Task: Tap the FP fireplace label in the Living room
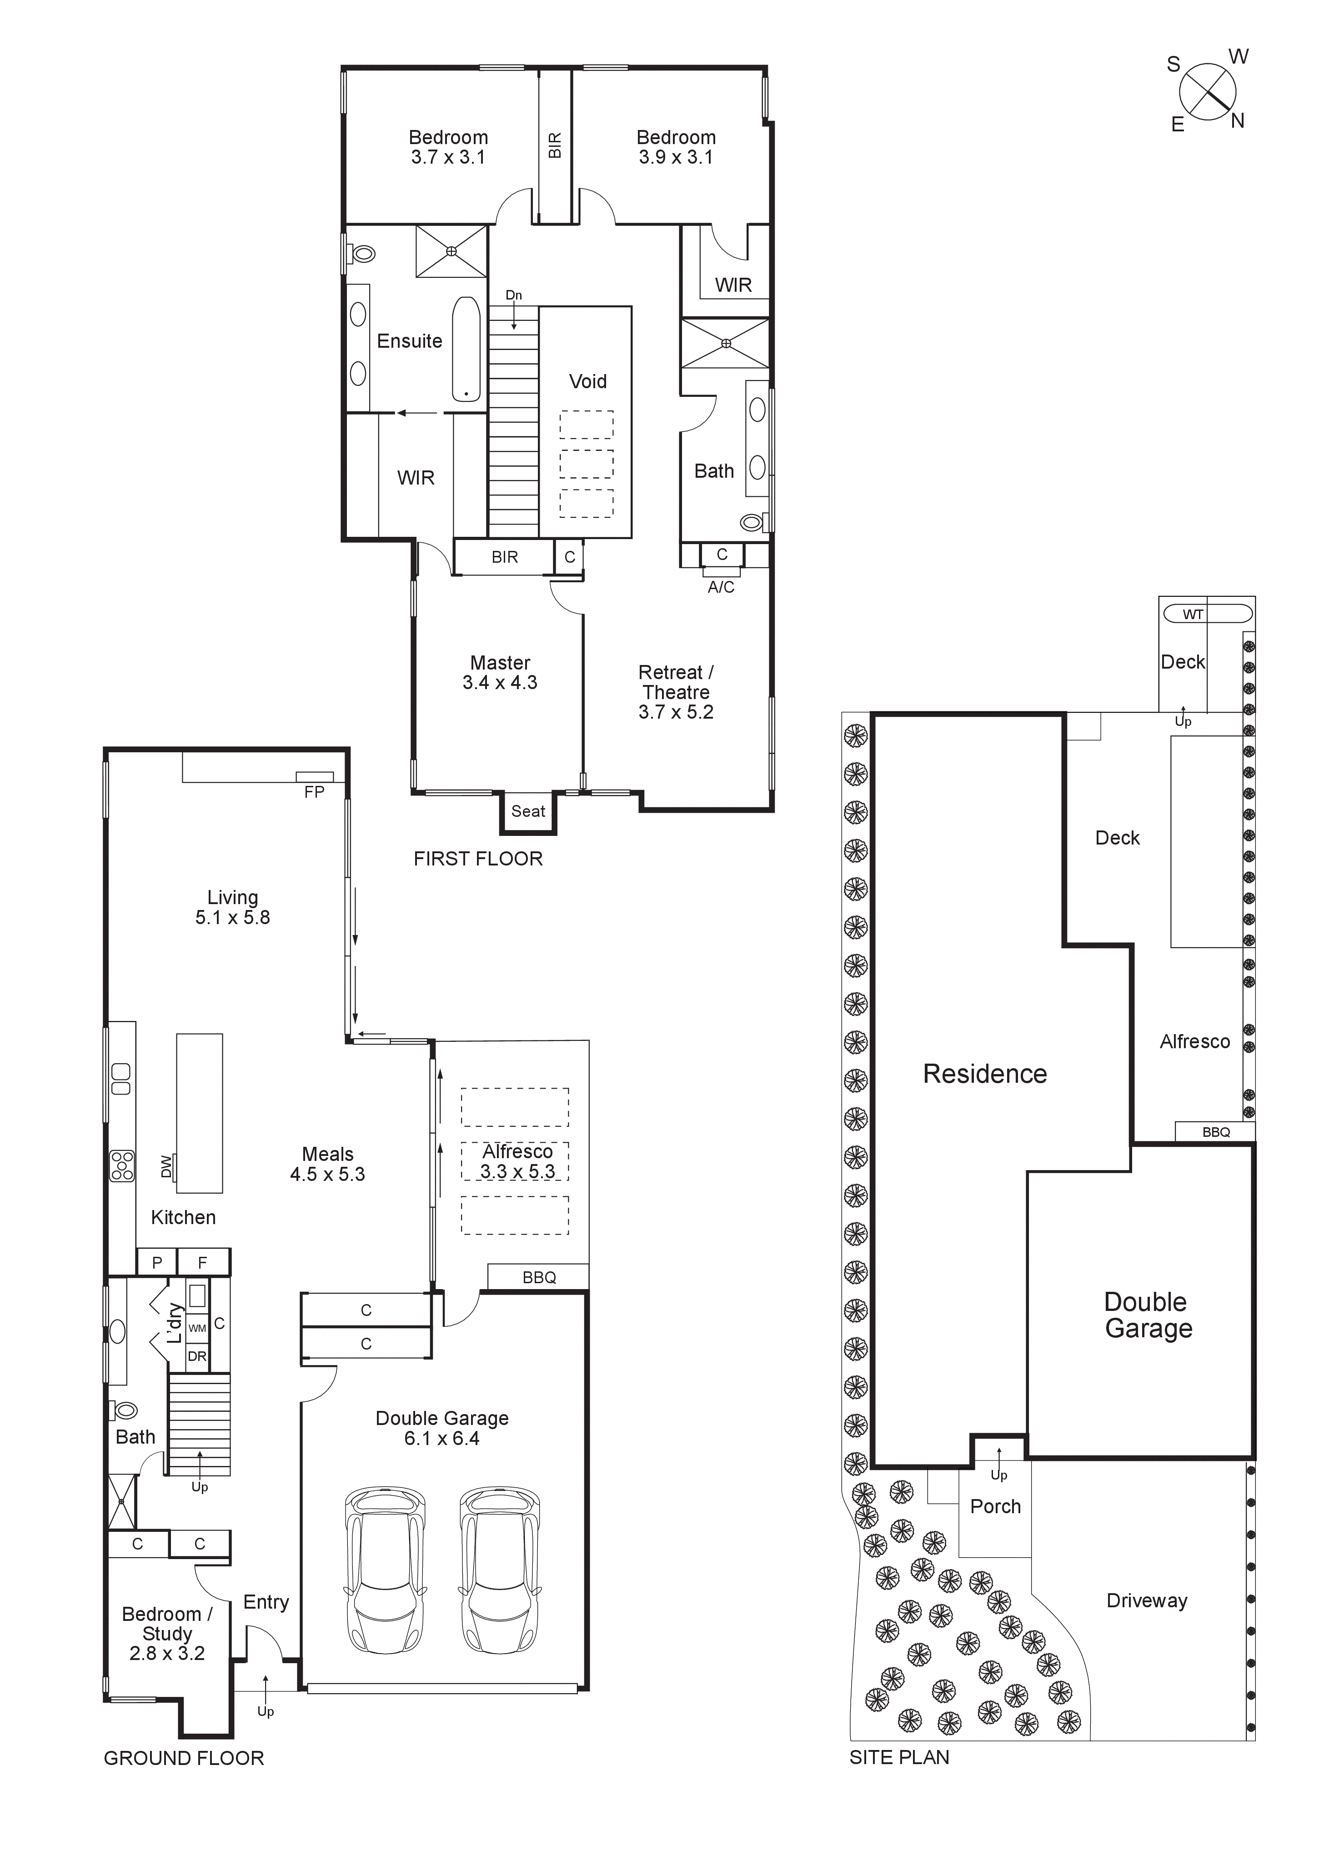[x=314, y=791]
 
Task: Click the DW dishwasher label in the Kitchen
[x=166, y=1166]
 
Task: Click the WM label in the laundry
[x=197, y=1328]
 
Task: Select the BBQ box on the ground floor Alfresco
[x=539, y=1277]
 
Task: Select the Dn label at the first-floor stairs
[x=514, y=295]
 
